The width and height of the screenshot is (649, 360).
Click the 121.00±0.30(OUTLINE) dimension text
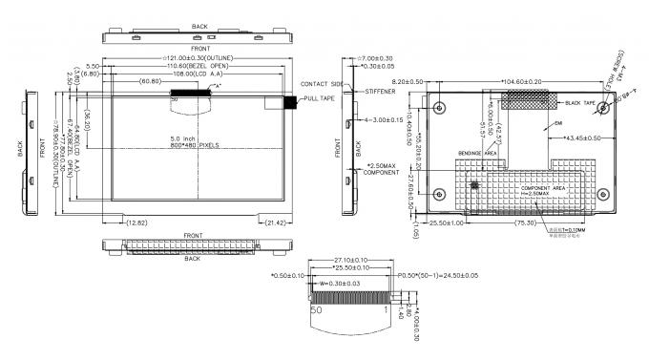pyautogui.click(x=200, y=59)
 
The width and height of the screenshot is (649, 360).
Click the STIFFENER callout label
pyautogui.click(x=380, y=92)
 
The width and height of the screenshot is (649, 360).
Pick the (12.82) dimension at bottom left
pyautogui.click(x=138, y=222)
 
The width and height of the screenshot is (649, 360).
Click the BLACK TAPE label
pyautogui.click(x=581, y=102)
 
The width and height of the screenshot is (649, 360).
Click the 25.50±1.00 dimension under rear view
pyautogui.click(x=443, y=222)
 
